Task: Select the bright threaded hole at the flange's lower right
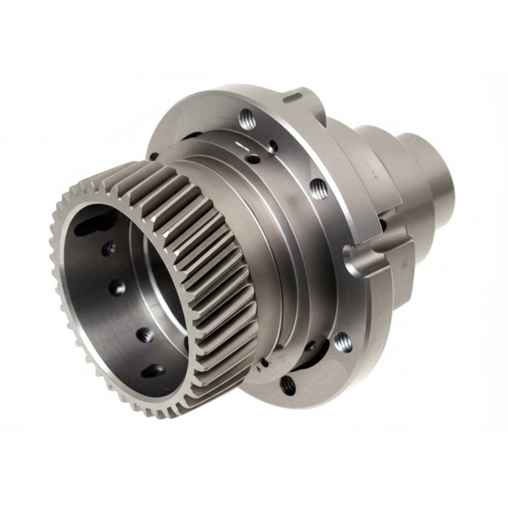pos(342,342)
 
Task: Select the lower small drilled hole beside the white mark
pos(252,160)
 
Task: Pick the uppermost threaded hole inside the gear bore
pos(108,248)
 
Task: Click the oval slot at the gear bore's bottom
pos(153,371)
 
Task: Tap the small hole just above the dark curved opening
pos(310,345)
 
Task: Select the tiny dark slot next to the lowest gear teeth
pos(263,364)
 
